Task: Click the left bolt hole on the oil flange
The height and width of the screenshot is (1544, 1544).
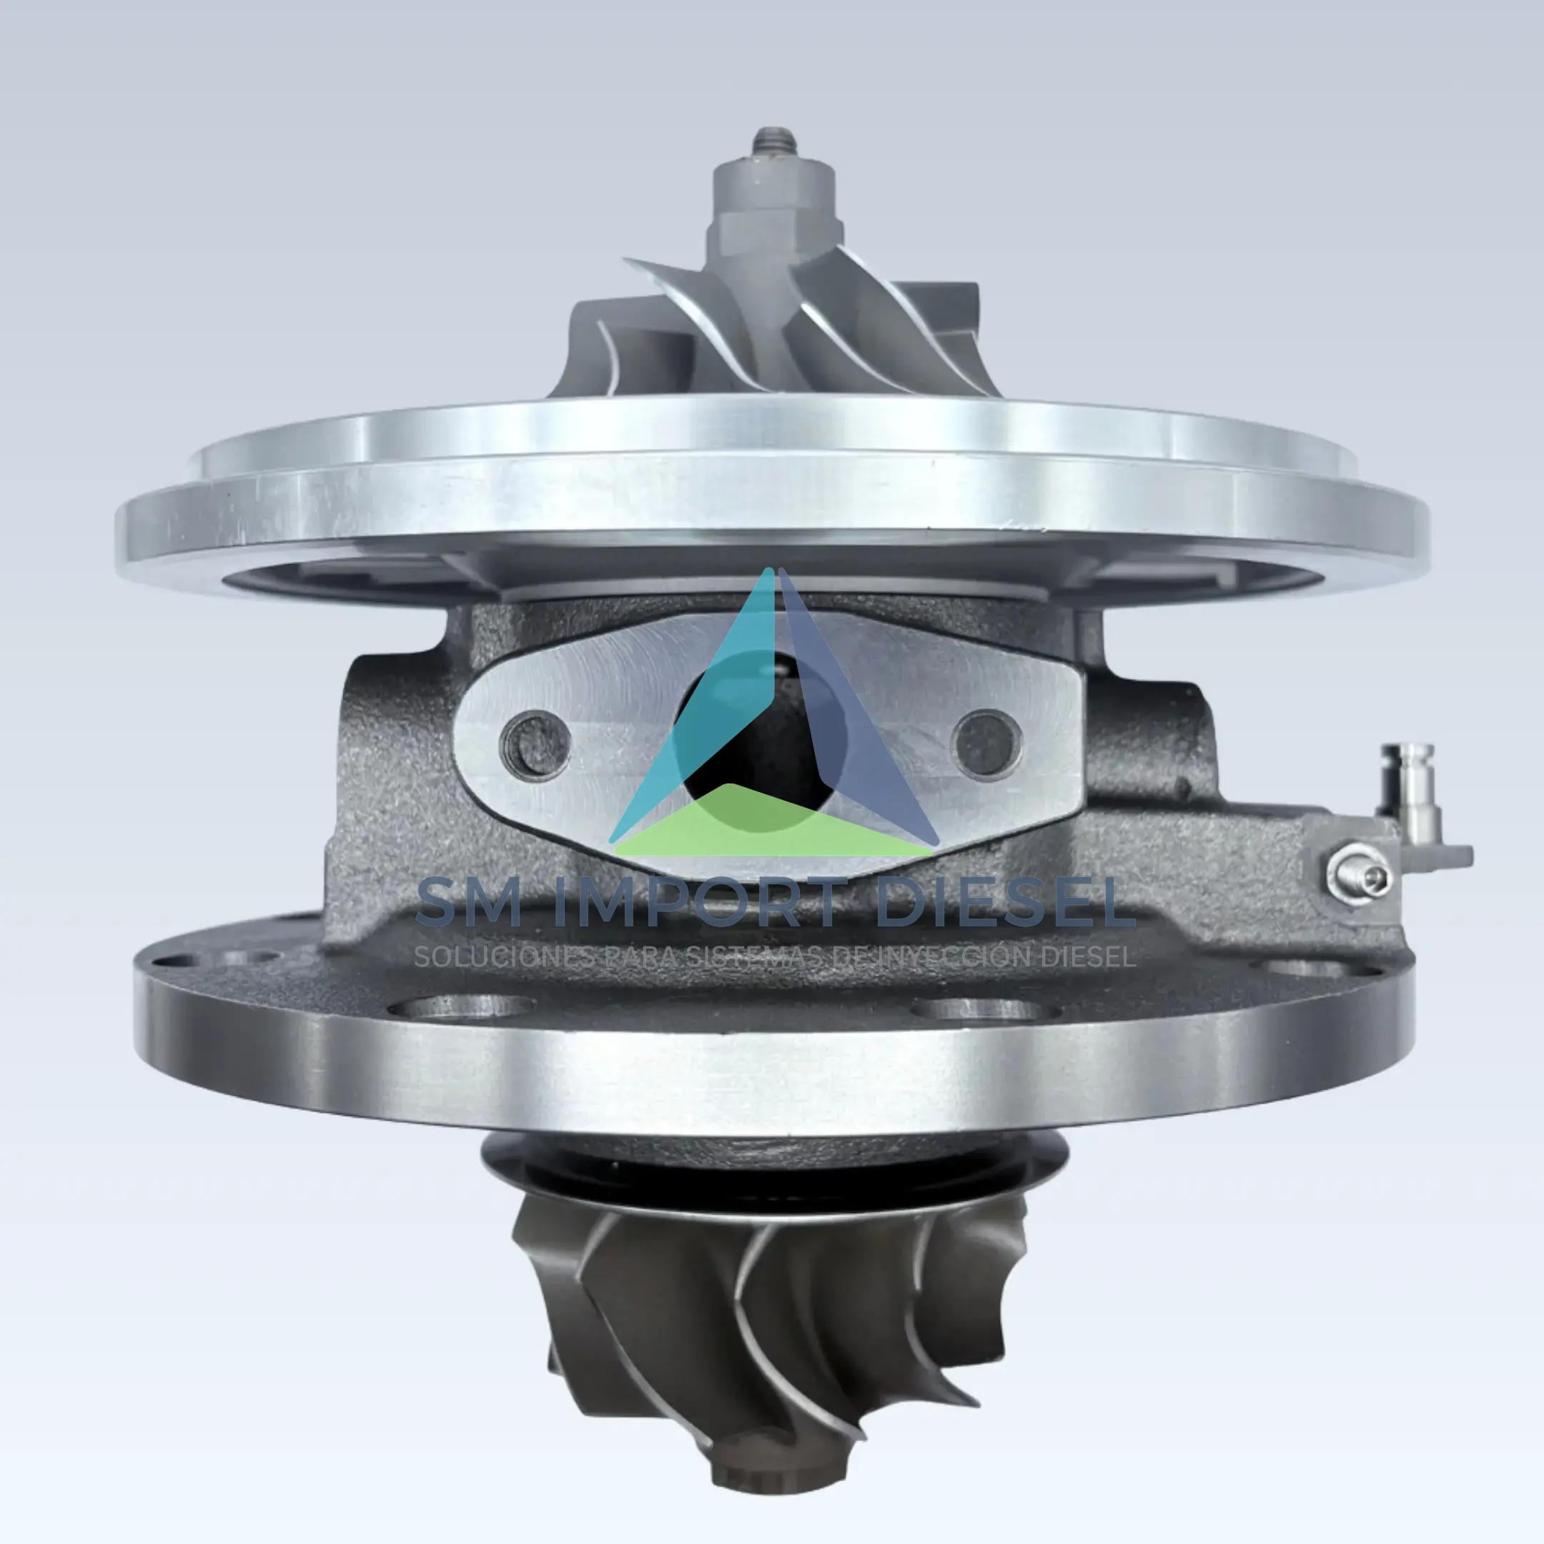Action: [x=535, y=746]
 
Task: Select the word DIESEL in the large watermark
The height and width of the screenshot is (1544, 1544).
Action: [x=1004, y=903]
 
